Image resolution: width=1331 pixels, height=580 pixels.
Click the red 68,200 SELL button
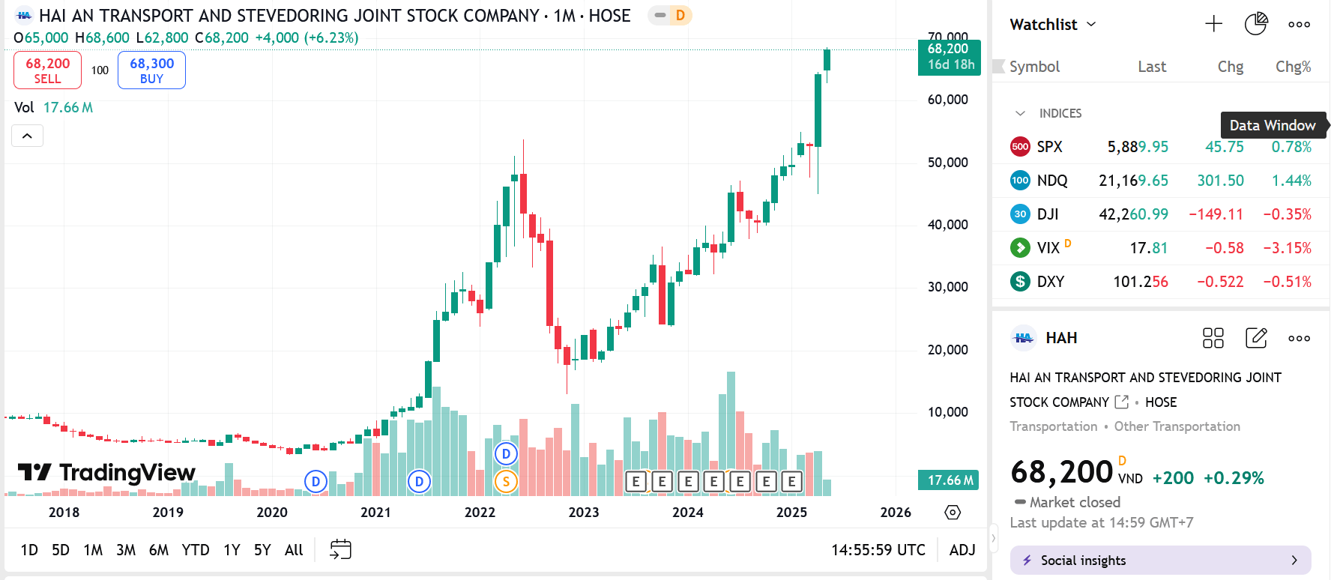tap(47, 70)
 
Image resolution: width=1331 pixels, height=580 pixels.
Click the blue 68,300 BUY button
tap(151, 70)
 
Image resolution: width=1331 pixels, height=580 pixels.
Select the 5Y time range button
tap(262, 550)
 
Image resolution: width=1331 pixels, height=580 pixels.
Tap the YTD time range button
tap(196, 550)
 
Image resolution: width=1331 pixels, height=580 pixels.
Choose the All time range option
tap(294, 550)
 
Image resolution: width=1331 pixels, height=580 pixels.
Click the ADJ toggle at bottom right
tap(962, 550)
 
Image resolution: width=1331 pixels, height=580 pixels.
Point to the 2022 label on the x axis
tap(480, 513)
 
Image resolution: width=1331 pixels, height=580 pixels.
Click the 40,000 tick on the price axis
tap(947, 225)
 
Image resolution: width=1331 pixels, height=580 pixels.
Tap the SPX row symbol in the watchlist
tap(1049, 147)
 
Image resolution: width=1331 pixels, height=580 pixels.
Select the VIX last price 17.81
tap(1148, 248)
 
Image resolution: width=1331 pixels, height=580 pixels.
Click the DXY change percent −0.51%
tap(1287, 282)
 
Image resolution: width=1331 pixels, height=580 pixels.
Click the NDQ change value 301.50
tap(1220, 181)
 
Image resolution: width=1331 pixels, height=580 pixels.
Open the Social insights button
tap(1160, 561)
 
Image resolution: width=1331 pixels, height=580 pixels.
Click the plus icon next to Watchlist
tap(1213, 24)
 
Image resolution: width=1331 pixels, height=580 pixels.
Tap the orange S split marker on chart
tap(506, 482)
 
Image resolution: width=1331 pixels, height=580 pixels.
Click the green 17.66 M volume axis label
tap(950, 480)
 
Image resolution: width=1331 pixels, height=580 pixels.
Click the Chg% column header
tap(1293, 67)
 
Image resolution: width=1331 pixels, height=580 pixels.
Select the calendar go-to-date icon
tap(340, 549)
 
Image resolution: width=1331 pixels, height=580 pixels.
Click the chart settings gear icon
tap(953, 513)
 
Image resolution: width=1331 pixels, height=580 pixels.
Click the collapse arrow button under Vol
tap(27, 136)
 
